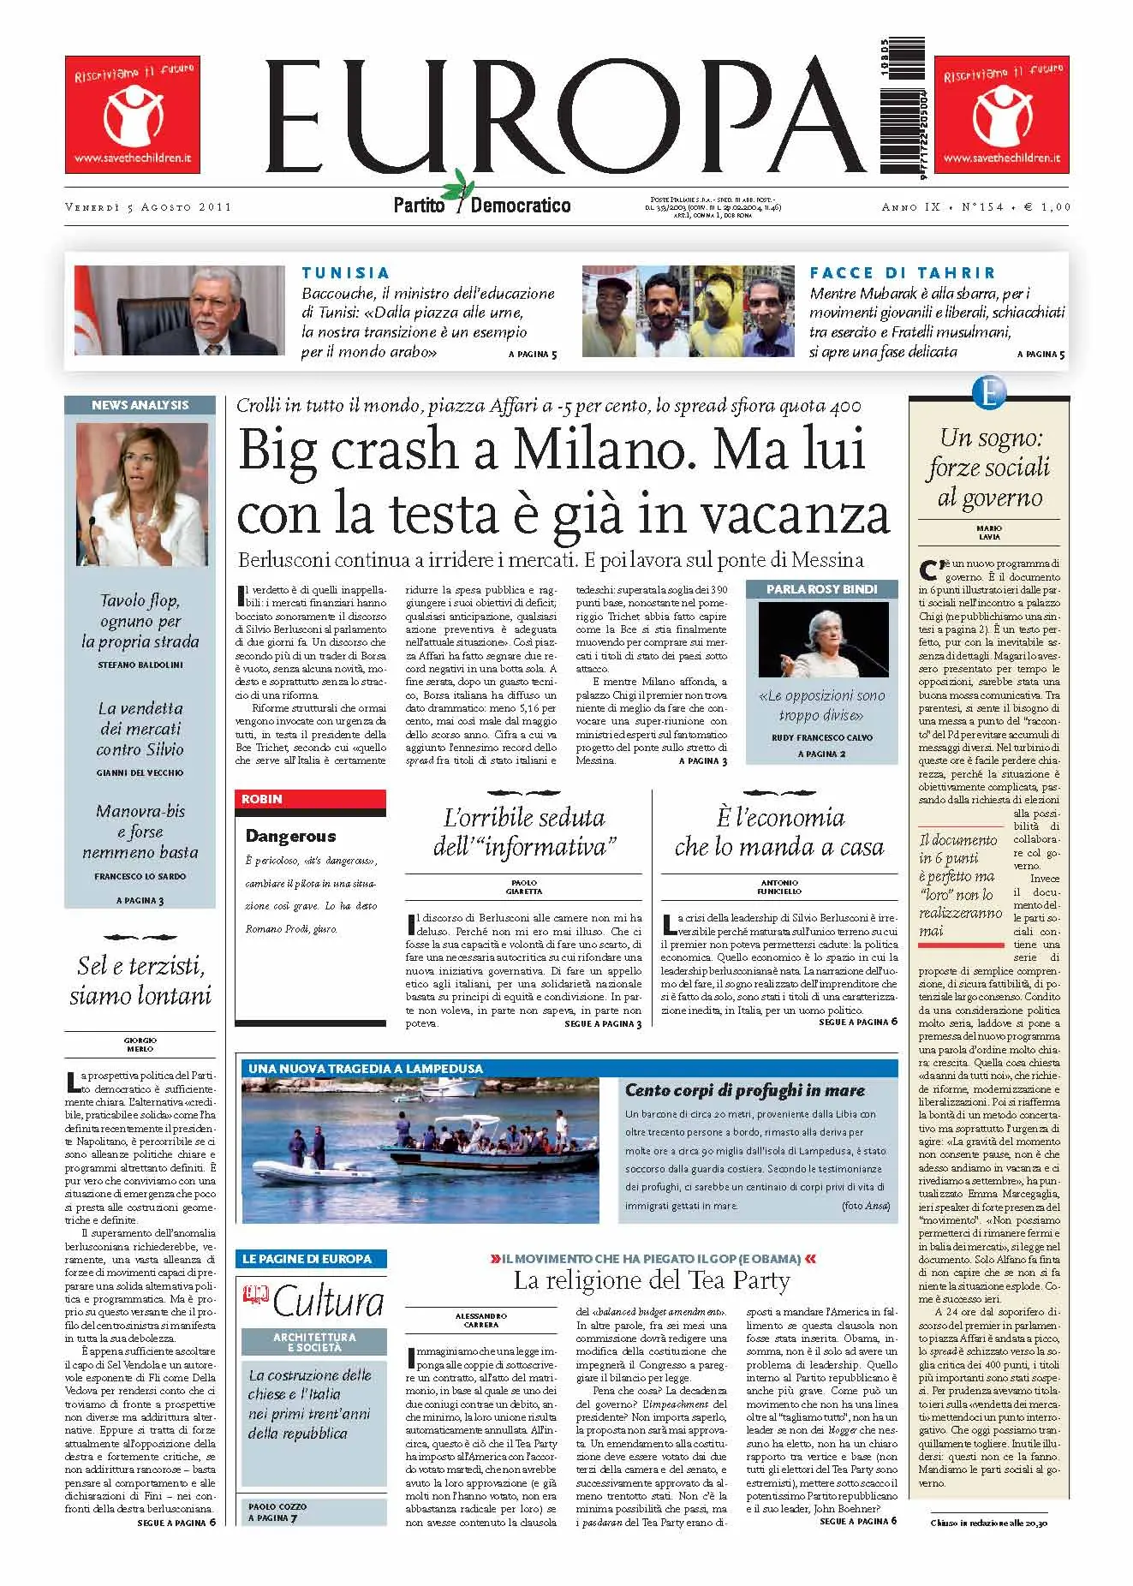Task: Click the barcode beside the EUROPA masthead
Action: pos(899,110)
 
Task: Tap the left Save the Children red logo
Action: pos(132,114)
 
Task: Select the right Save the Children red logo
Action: pos(1001,114)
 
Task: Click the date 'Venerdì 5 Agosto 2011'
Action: pos(148,207)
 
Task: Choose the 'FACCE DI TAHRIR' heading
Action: pos(903,273)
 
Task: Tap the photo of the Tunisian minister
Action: pos(179,310)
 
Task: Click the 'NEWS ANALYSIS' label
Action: pos(140,405)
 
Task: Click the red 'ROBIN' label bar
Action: pos(310,799)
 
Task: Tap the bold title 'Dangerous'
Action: pos(290,836)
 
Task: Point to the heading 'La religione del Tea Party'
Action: pos(651,1281)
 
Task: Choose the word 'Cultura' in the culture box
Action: pos(328,1303)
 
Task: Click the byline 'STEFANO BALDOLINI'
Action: pos(140,665)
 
